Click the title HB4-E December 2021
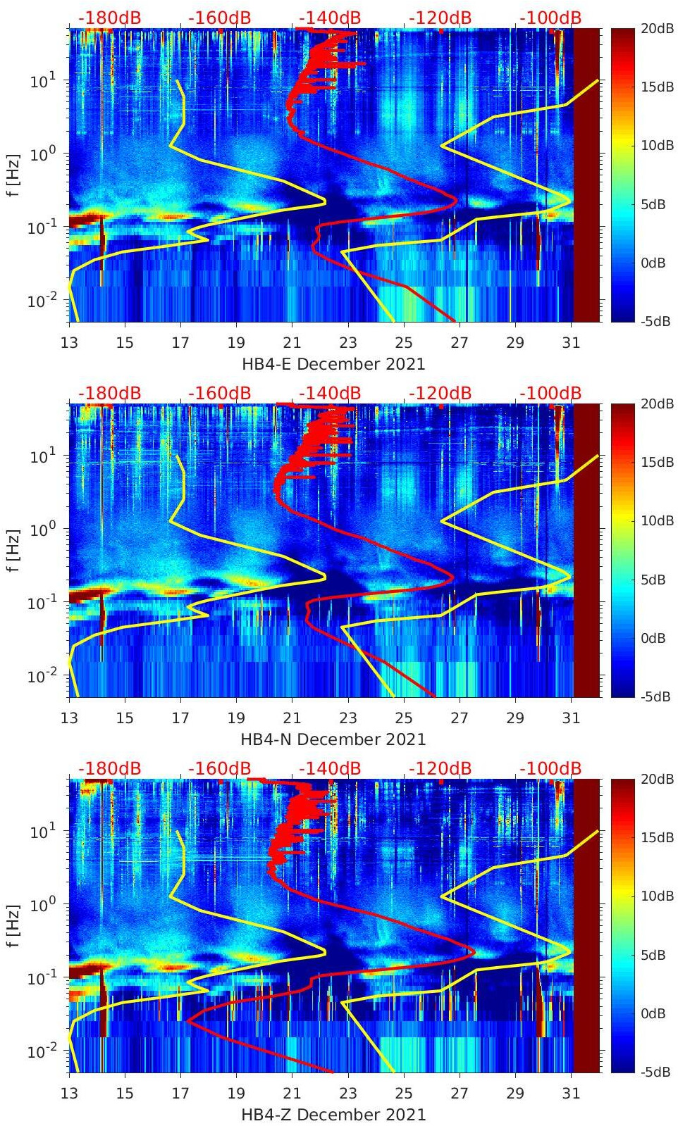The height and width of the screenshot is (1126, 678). [333, 364]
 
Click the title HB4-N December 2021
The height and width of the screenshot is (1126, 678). [333, 739]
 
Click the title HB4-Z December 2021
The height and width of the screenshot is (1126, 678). [333, 1115]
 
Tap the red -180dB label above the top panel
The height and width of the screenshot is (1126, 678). [109, 18]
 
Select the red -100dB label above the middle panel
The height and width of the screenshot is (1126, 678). [550, 393]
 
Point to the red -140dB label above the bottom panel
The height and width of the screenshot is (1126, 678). [330, 768]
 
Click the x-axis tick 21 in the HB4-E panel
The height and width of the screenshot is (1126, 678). [292, 342]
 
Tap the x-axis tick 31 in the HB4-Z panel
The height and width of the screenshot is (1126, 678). [571, 1093]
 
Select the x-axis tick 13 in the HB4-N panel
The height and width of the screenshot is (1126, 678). [69, 718]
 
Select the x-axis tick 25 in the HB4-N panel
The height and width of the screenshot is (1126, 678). [403, 718]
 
